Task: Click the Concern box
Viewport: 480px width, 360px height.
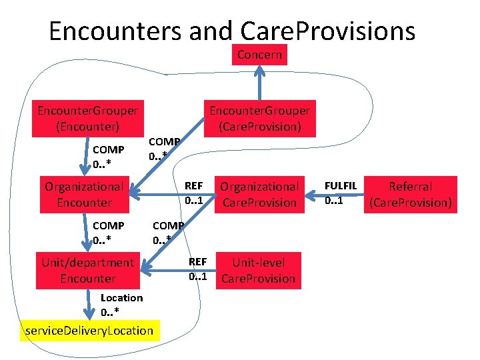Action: click(259, 55)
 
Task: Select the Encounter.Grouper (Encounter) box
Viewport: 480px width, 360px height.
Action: click(87, 118)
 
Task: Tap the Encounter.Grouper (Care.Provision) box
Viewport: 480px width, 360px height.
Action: click(259, 118)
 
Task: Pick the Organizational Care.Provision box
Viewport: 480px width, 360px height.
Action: click(259, 194)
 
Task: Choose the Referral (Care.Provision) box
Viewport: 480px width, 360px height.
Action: click(410, 194)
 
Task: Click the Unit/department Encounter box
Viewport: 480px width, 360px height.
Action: click(87, 271)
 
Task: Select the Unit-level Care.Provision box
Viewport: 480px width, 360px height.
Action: click(258, 271)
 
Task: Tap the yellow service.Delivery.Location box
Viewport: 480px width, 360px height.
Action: click(88, 331)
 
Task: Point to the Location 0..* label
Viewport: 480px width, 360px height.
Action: click(121, 305)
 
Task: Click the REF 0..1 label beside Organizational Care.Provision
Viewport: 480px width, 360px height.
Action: click(193, 193)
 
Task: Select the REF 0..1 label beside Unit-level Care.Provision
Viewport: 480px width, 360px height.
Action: click(198, 269)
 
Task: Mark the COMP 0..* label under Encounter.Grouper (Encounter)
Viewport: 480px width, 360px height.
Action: click(108, 157)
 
